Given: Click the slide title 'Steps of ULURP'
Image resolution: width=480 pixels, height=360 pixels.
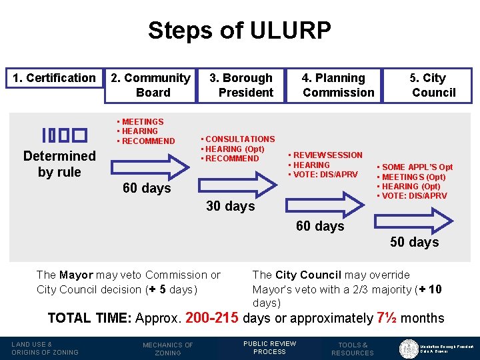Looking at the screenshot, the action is (239, 30).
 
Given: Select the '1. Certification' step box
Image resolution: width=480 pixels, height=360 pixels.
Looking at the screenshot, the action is (55, 78).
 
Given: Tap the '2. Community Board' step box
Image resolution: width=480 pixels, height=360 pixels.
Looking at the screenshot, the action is (150, 85).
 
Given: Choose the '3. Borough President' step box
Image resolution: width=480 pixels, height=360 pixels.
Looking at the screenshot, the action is (241, 85).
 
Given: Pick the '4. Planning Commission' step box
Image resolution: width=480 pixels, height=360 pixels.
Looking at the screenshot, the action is (334, 85).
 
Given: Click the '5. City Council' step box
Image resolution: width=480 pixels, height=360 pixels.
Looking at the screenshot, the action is (427, 85).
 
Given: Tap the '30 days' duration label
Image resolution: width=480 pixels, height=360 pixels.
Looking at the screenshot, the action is (231, 206).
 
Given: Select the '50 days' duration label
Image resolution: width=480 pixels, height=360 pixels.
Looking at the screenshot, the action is (414, 242).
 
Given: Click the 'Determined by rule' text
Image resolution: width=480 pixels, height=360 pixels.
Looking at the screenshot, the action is (59, 164).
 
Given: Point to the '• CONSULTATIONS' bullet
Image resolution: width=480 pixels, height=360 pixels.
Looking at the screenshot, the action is (237, 139).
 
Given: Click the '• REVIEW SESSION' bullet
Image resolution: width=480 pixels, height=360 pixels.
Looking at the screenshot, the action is (325, 155).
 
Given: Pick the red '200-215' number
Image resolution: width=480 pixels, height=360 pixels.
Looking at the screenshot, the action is (212, 318).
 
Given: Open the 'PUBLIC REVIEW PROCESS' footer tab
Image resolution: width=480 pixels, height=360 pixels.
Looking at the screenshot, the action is (269, 348).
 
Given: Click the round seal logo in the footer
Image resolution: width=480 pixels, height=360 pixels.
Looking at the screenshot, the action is (408, 348).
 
